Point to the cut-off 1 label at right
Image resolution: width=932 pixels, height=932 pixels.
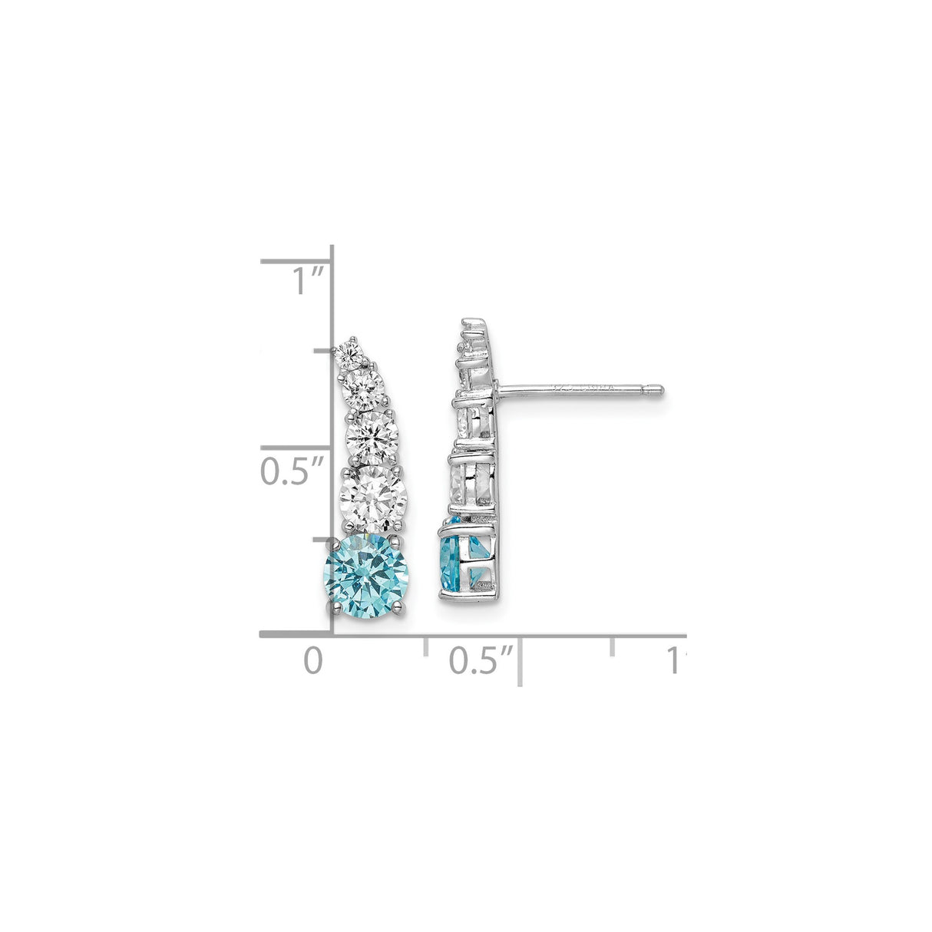click(x=675, y=660)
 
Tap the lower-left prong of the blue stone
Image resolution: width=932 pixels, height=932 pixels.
click(x=335, y=607)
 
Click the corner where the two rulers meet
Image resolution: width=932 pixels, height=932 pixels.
click(x=332, y=635)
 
